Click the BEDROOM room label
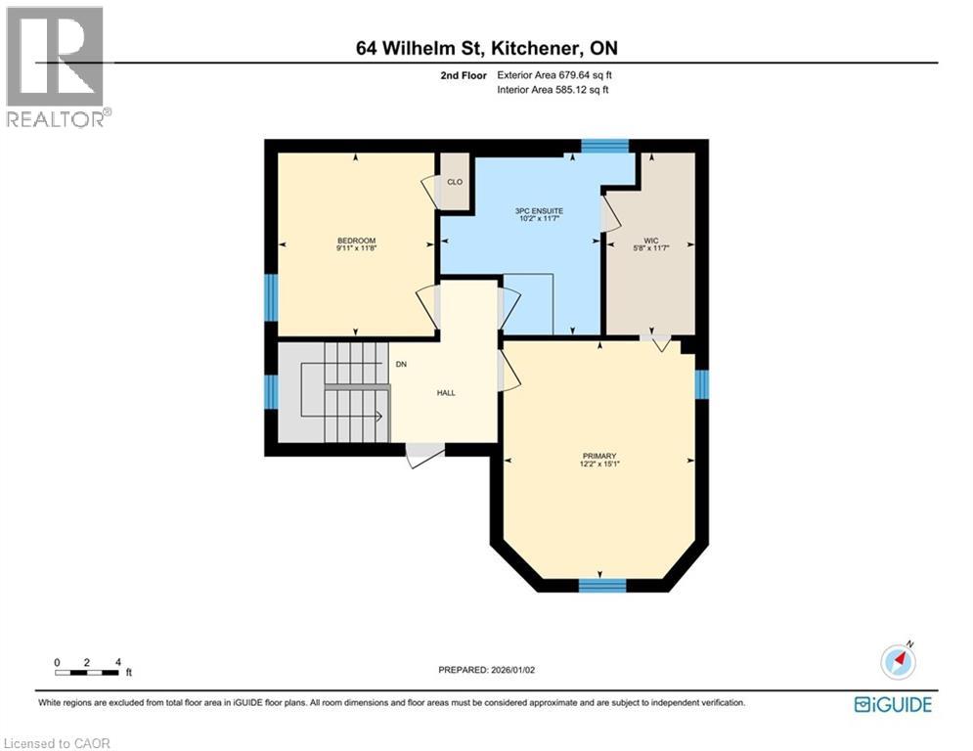tap(356, 241)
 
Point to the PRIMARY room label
tap(598, 456)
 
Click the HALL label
tap(446, 393)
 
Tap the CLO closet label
tap(454, 182)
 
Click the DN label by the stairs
tap(401, 365)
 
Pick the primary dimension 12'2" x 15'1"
tap(598, 464)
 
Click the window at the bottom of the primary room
tap(601, 586)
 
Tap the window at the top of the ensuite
tap(604, 147)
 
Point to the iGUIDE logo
tap(892, 704)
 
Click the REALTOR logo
tap(56, 66)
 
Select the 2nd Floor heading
tap(462, 74)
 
